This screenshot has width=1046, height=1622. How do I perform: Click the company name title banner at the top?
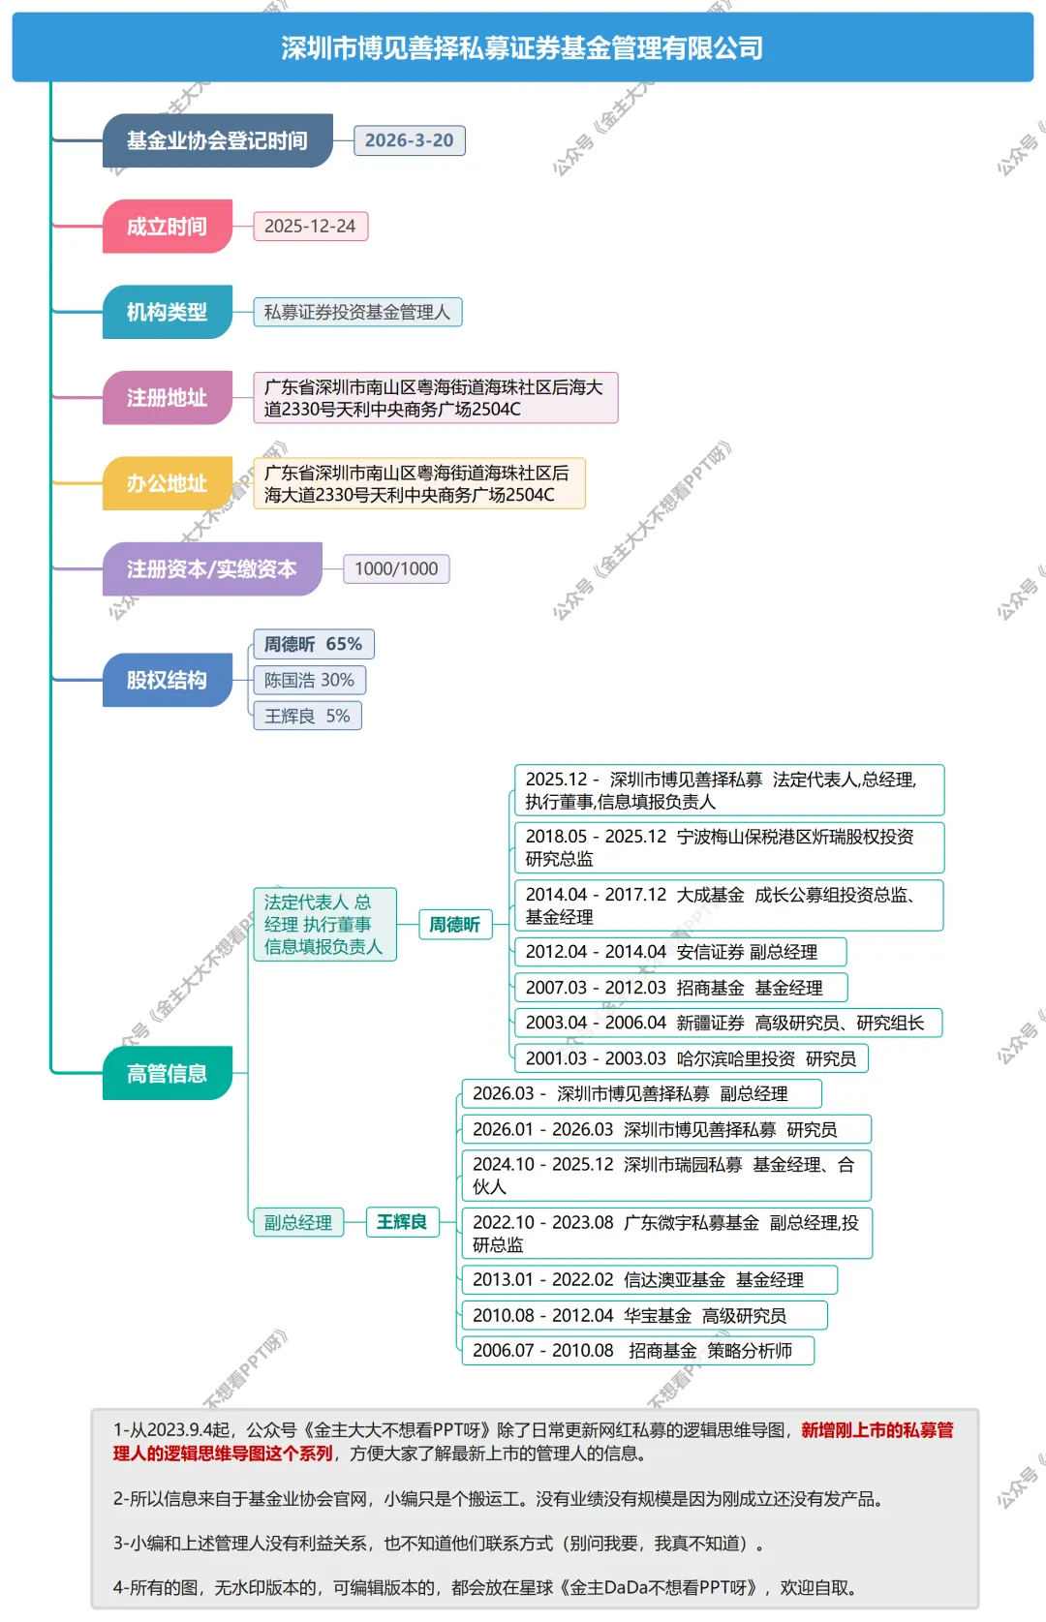point(522,47)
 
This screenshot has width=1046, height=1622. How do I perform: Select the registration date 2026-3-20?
point(409,140)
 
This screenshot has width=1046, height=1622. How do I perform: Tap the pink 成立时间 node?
point(167,227)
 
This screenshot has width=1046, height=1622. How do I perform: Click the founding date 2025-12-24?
point(310,227)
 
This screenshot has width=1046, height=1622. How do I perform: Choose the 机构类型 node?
point(167,312)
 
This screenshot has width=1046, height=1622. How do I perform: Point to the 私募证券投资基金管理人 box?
point(357,312)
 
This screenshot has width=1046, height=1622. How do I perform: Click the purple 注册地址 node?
point(167,398)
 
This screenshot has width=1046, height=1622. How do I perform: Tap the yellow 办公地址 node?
point(167,483)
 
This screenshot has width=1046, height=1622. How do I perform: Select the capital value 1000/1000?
point(396,568)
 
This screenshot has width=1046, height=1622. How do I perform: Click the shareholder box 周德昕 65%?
point(313,644)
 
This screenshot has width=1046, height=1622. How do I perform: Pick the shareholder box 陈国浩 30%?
point(309,680)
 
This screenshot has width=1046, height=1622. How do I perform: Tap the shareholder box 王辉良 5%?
point(307,716)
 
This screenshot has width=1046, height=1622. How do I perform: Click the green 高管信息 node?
point(167,1073)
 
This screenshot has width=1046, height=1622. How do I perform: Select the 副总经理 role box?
point(298,1222)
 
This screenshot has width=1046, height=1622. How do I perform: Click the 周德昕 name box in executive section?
point(454,925)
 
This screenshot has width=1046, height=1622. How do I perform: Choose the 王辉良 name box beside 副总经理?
point(402,1222)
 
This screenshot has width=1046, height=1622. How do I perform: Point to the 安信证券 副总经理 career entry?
point(679,952)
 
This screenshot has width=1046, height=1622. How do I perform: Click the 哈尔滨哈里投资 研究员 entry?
point(690,1058)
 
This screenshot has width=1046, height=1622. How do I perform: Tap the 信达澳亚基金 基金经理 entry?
point(649,1279)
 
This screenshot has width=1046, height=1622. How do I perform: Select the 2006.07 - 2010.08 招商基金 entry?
point(636,1350)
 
